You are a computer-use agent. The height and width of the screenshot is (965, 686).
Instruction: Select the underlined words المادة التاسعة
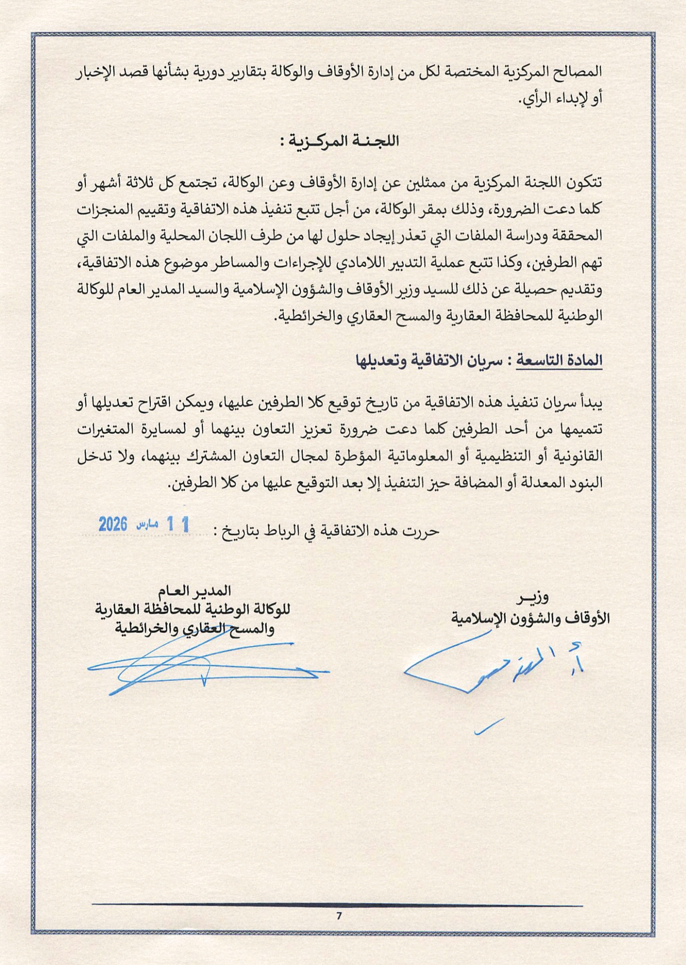559,360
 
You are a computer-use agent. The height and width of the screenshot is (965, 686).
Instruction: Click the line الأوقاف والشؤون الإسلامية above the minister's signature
531,618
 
